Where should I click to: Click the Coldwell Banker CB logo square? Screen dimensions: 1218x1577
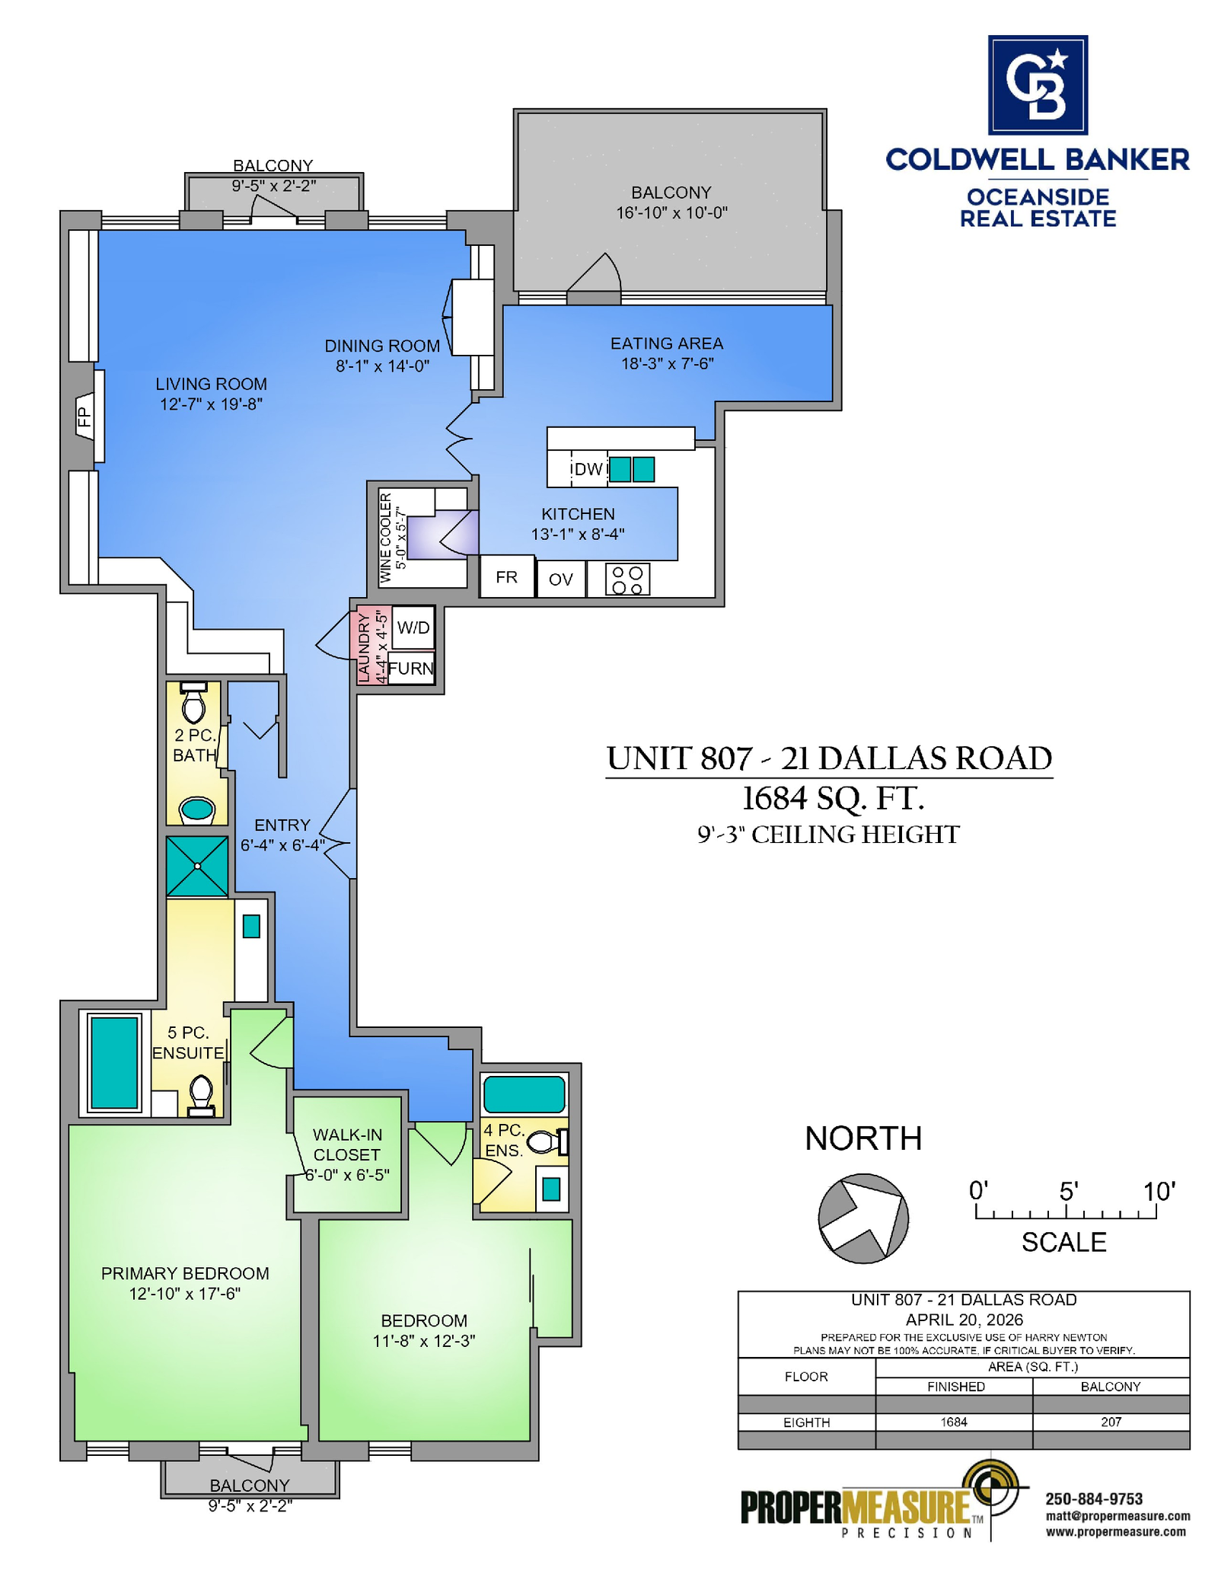coord(1038,85)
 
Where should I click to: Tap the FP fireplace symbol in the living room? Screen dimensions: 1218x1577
coord(84,416)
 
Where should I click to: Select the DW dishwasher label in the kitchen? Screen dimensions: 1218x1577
coord(588,469)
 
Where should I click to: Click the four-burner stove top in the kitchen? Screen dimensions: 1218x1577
coord(628,579)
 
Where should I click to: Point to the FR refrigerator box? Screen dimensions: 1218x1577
coord(507,576)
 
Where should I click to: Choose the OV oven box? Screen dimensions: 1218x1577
coord(561,579)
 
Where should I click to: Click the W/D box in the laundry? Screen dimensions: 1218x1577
coord(413,627)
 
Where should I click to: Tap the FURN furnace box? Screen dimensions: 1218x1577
coord(411,668)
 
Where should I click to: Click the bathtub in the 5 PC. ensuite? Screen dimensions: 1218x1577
coord(114,1062)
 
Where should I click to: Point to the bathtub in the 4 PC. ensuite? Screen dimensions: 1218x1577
coord(525,1094)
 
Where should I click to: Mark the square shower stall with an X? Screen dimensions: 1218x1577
coord(197,866)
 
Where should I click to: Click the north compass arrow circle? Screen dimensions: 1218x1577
coord(863,1218)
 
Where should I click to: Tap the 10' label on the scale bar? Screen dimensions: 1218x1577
coord(1159,1190)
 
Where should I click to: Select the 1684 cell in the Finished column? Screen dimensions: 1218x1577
coord(954,1422)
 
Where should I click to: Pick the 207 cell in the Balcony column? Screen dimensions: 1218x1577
coord(1111,1422)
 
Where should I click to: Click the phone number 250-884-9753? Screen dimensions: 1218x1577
coord(1094,1499)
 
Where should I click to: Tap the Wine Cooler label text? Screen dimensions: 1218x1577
coord(385,538)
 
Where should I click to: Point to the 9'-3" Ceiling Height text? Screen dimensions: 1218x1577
coord(828,834)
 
